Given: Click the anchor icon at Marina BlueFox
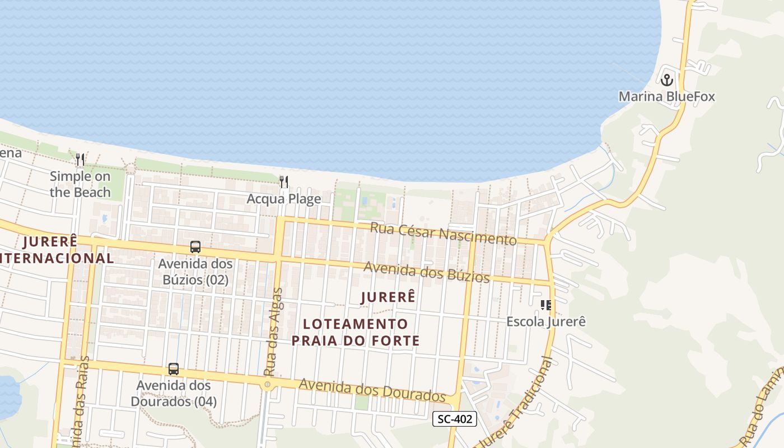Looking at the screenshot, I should pyautogui.click(x=666, y=80).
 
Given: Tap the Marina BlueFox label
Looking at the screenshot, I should pyautogui.click(x=666, y=96).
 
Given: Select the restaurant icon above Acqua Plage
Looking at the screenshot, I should pyautogui.click(x=284, y=182).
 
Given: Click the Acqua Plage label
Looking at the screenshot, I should pyautogui.click(x=284, y=199).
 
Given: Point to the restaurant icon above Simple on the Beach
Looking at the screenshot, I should pyautogui.click(x=80, y=160).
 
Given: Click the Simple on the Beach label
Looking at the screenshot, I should pyautogui.click(x=80, y=184).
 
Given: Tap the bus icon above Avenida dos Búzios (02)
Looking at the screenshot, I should pyautogui.click(x=195, y=247).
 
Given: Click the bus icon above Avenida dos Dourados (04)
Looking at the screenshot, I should pyautogui.click(x=174, y=369).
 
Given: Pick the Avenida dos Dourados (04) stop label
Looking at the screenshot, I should pyautogui.click(x=174, y=394).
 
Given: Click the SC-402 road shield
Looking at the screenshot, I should pyautogui.click(x=455, y=419).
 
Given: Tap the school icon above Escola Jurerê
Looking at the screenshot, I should pyautogui.click(x=545, y=305).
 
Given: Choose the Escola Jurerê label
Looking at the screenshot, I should pyautogui.click(x=545, y=321).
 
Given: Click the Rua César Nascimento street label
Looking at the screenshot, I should pyautogui.click(x=443, y=234).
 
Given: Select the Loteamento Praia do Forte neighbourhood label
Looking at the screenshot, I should pyautogui.click(x=356, y=332).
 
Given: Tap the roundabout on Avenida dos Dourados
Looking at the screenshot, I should pyautogui.click(x=268, y=384).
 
